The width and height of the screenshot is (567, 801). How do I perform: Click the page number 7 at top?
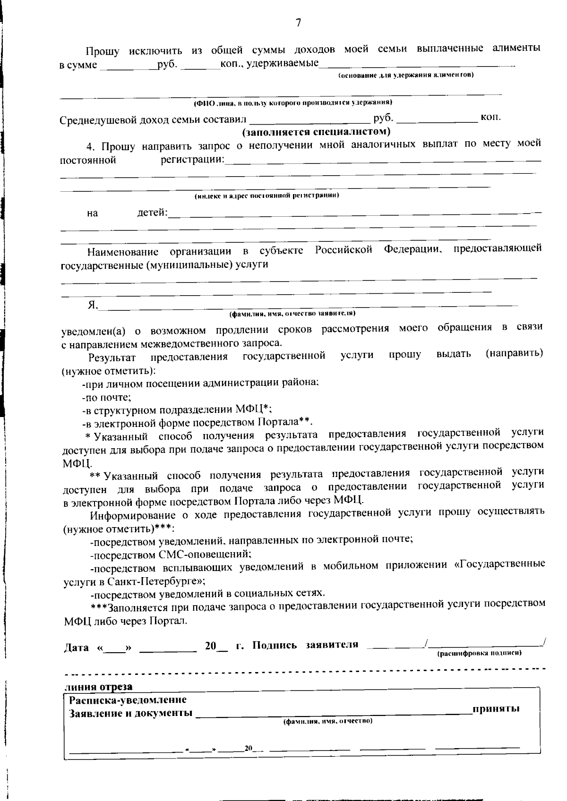298,23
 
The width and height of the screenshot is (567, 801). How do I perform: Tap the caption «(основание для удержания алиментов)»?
406,75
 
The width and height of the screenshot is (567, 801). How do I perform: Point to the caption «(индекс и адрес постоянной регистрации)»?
267,195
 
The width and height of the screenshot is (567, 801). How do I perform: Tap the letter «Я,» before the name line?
93,305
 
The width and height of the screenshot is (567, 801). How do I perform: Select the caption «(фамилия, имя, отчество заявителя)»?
292,313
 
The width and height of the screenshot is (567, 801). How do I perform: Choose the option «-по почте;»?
106,397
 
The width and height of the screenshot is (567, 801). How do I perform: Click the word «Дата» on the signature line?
76,647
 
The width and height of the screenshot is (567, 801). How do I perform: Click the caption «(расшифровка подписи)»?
479,653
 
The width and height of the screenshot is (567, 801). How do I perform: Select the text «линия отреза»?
98,686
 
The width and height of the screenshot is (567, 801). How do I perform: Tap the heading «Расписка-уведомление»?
128,699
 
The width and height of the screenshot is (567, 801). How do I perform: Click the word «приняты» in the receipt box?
496,708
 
